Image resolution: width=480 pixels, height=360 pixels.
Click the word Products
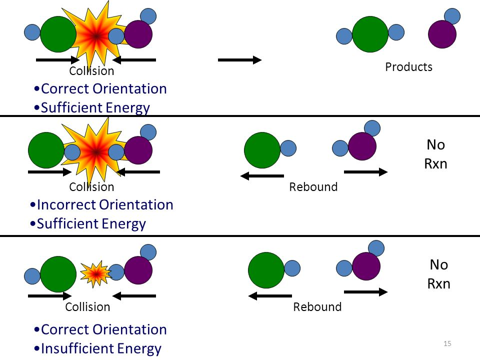pos(408,66)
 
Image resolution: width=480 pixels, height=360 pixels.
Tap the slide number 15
pos(447,343)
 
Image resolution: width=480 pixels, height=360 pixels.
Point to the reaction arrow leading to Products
pos(239,60)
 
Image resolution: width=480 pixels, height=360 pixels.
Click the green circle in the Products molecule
pos(370,34)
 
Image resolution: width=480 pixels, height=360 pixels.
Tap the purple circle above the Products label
pos(442,34)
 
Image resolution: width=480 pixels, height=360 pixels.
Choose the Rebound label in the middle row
pos(313,186)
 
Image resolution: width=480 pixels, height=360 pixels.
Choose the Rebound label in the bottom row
pos(317,306)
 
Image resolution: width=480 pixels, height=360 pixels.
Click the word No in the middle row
pos(435,145)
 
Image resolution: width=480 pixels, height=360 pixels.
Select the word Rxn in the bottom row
pos(438,284)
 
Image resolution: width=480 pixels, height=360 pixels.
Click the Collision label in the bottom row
pos(87,306)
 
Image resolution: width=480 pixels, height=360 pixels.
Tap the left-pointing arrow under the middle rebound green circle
pos(262,175)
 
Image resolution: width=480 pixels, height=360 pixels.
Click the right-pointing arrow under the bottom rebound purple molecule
pos(366,292)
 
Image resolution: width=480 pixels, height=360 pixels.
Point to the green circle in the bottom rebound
pos(266,270)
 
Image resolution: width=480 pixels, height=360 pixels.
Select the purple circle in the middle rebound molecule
pos(362,146)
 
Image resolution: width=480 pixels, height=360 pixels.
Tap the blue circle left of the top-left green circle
pos(32,32)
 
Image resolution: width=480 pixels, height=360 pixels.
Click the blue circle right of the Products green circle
pos(396,32)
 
